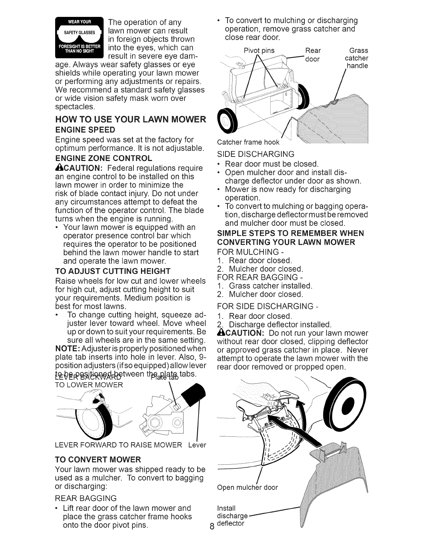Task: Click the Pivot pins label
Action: click(x=259, y=51)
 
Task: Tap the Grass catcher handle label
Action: click(x=358, y=58)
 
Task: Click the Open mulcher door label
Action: click(x=247, y=487)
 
